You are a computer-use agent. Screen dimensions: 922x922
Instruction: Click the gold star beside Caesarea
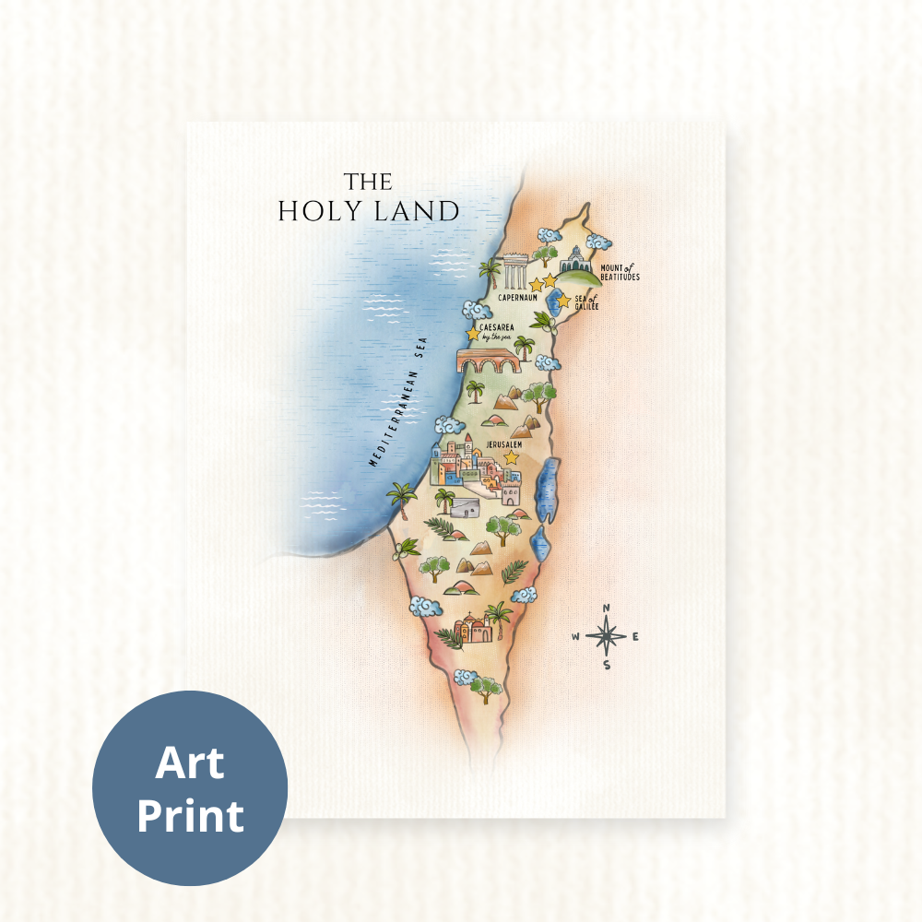pos(473,333)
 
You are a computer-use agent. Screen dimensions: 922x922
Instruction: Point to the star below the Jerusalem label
pos(511,457)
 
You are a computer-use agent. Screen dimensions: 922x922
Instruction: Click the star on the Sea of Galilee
pos(563,301)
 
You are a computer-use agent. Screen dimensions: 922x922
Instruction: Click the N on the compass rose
pos(606,609)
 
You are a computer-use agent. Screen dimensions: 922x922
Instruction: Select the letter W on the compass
pos(575,636)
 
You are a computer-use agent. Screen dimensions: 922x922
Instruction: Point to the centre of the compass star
pos(606,636)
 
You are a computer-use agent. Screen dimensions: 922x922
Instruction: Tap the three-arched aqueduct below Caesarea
pos(488,361)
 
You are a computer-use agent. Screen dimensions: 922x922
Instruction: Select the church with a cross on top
pos(472,627)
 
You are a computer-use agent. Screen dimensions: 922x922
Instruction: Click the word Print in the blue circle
pos(190,815)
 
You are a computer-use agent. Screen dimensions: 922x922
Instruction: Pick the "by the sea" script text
pos(496,337)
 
